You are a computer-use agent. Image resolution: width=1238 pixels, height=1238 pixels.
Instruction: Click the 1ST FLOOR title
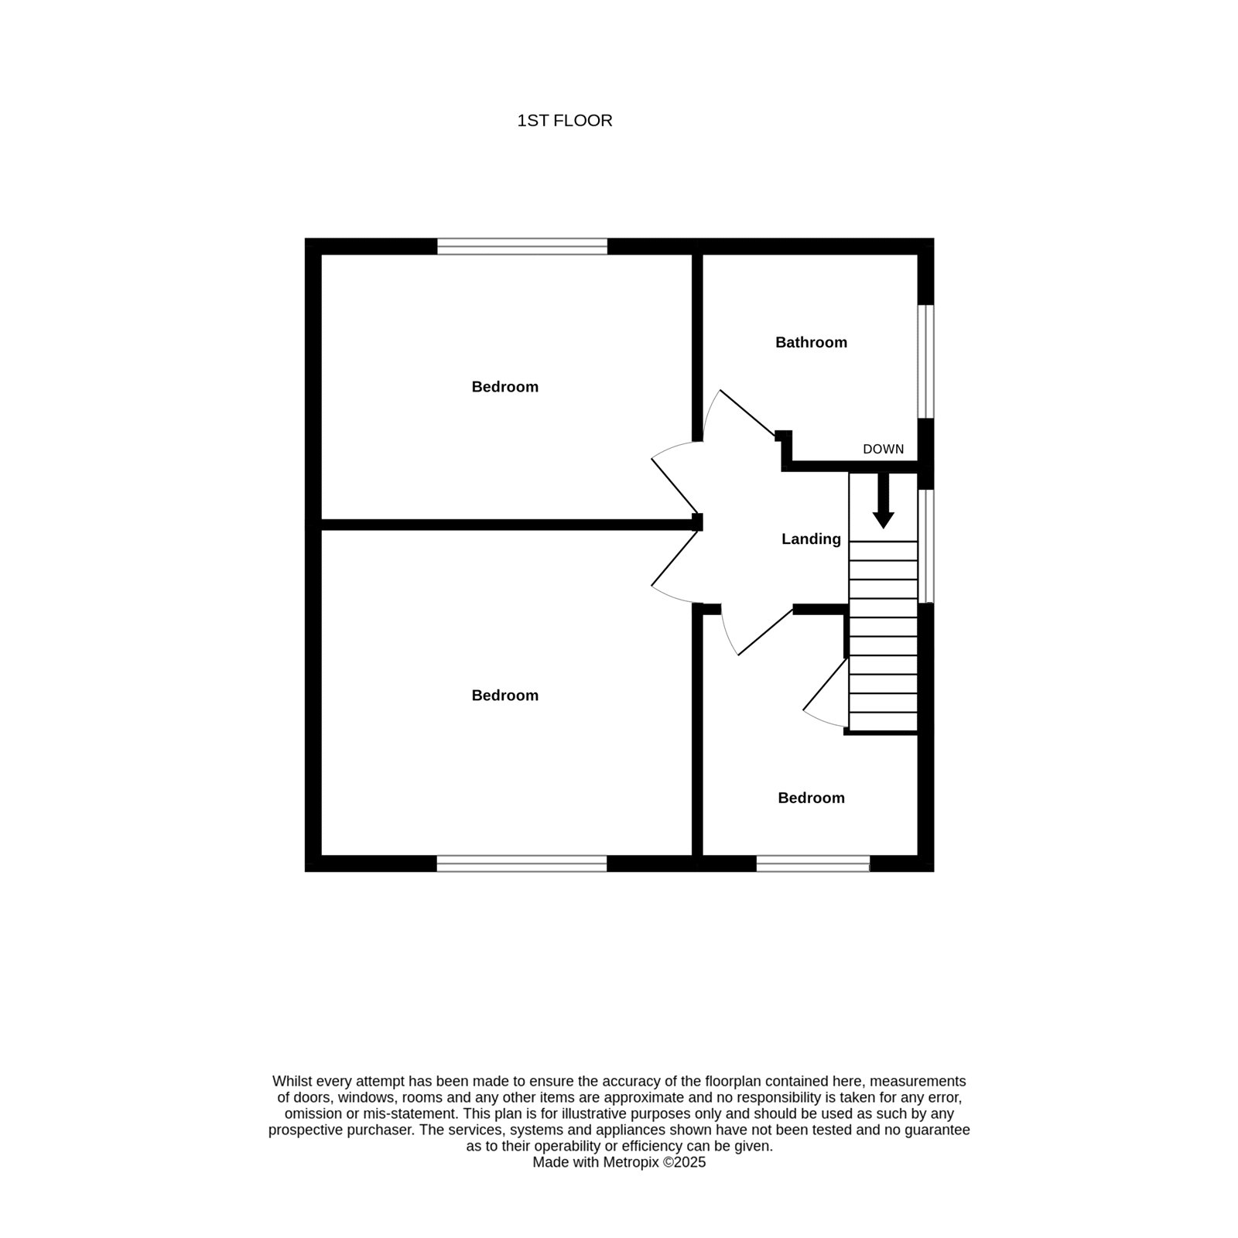[x=565, y=121]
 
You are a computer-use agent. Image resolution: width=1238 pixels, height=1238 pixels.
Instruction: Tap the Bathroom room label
[x=811, y=342]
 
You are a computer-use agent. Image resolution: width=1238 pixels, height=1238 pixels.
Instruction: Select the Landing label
[x=811, y=539]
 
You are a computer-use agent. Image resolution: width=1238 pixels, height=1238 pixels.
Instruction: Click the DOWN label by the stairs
[x=883, y=450]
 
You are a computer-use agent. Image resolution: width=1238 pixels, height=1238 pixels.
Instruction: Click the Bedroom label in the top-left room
[x=504, y=387]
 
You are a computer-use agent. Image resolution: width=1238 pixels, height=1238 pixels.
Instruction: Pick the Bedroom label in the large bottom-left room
[x=504, y=696]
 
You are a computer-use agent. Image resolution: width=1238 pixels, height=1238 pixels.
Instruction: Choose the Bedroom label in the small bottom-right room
[x=811, y=798]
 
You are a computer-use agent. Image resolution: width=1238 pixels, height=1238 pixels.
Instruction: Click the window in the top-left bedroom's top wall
[x=522, y=246]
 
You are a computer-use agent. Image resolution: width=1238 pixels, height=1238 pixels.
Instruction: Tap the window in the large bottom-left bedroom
[x=522, y=864]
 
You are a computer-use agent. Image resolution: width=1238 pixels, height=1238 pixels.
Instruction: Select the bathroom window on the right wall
[x=925, y=361]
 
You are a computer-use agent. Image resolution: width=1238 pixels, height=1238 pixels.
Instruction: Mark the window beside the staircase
[x=925, y=545]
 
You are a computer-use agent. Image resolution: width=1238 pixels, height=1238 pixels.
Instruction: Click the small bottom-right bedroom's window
[x=813, y=864]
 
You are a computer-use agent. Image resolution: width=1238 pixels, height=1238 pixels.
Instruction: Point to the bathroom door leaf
[x=747, y=412]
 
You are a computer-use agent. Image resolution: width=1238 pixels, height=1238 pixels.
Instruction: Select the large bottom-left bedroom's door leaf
[x=675, y=558]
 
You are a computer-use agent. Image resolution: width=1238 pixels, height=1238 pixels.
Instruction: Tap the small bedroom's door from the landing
[x=766, y=631]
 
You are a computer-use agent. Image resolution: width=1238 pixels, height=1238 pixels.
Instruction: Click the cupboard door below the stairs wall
[x=826, y=683]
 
